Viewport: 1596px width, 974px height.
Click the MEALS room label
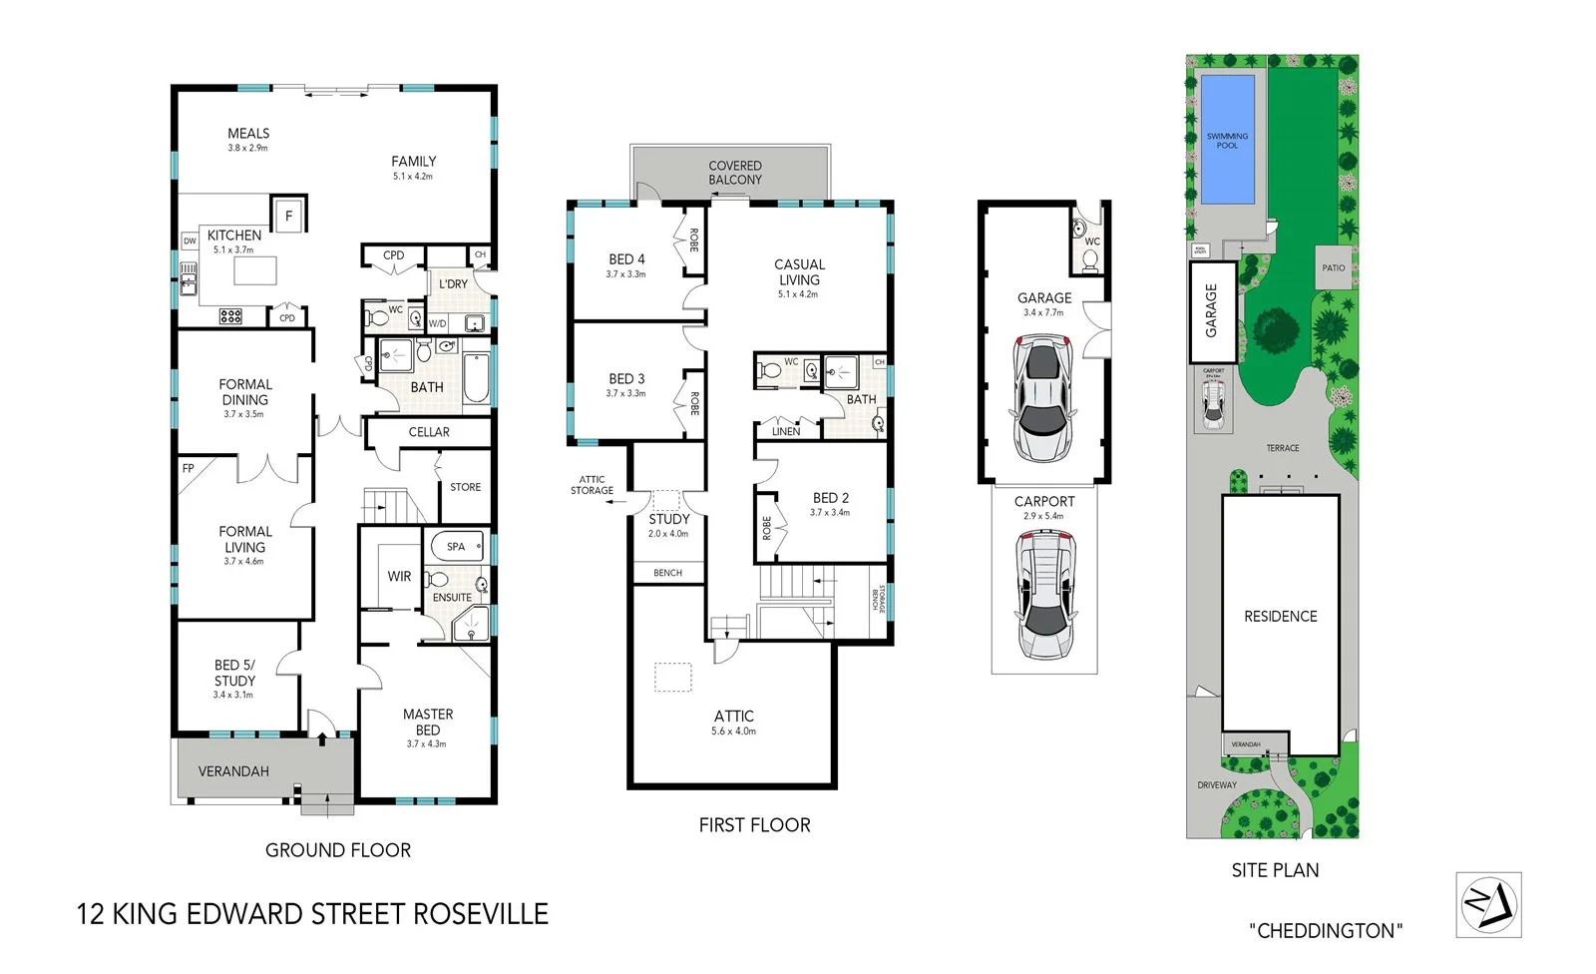pyautogui.click(x=248, y=134)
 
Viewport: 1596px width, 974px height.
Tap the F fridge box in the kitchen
pyautogui.click(x=289, y=216)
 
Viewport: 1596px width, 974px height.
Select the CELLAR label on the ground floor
pyautogui.click(x=429, y=432)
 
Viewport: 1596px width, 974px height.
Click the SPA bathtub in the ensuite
pyautogui.click(x=457, y=546)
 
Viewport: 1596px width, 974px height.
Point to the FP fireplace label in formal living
pyautogui.click(x=188, y=468)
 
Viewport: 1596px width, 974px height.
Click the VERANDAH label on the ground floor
pyautogui.click(x=233, y=771)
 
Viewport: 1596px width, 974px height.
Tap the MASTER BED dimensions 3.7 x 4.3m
pyautogui.click(x=427, y=743)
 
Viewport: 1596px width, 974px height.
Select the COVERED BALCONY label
pyautogui.click(x=735, y=173)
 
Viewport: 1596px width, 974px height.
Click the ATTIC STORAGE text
pyautogui.click(x=592, y=485)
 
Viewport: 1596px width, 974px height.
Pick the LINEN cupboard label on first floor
pyautogui.click(x=786, y=431)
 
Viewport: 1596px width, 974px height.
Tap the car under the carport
pyautogui.click(x=1044, y=595)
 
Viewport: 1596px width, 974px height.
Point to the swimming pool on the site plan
pyautogui.click(x=1227, y=140)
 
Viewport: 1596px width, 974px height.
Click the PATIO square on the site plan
pyautogui.click(x=1334, y=267)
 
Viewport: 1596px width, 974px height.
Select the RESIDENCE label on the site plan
pyautogui.click(x=1281, y=617)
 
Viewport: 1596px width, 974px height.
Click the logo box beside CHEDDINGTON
pyautogui.click(x=1488, y=905)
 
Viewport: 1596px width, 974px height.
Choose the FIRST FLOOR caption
pyautogui.click(x=754, y=825)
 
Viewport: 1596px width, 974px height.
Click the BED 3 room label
pyautogui.click(x=626, y=379)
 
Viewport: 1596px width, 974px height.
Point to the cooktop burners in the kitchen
pyautogui.click(x=230, y=316)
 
